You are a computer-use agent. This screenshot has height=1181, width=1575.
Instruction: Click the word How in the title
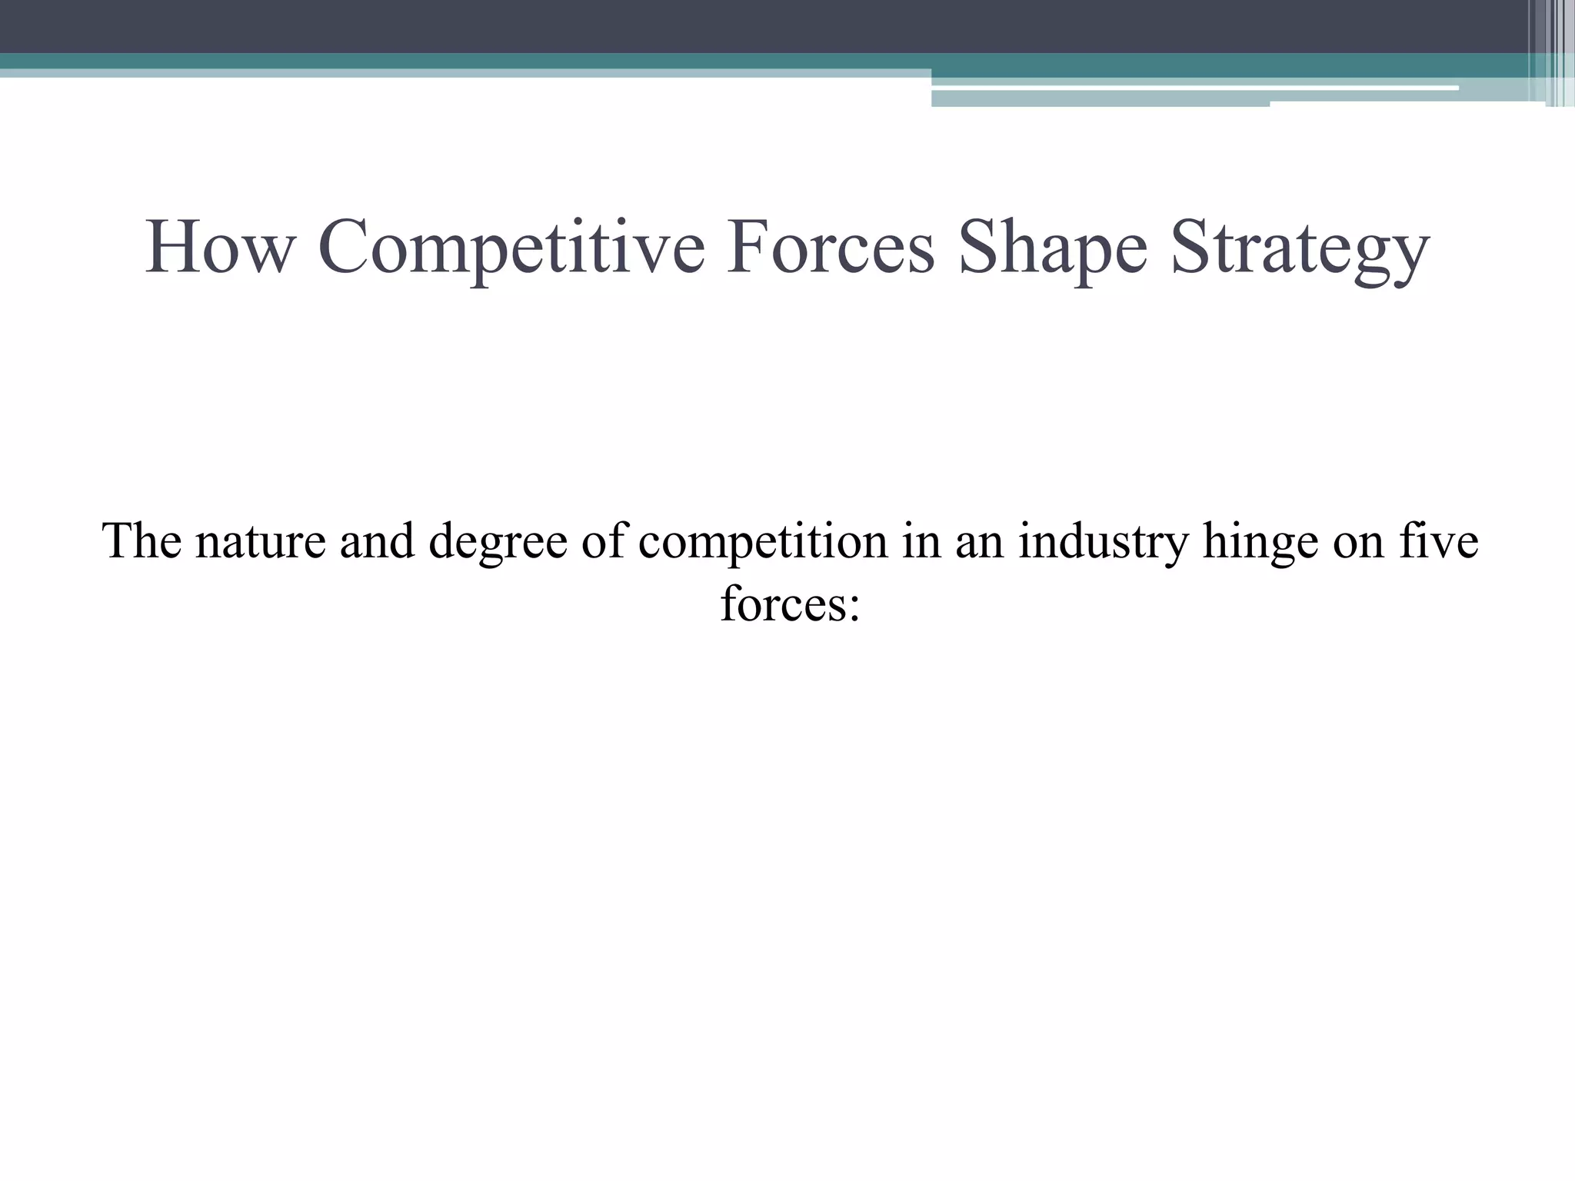coord(220,248)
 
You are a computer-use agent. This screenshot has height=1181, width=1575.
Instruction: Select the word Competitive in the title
coord(511,248)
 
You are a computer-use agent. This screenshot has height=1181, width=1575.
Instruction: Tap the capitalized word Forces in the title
coord(831,248)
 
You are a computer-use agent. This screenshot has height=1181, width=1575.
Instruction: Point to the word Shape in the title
coord(1053,248)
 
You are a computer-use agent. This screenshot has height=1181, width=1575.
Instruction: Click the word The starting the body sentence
coord(142,541)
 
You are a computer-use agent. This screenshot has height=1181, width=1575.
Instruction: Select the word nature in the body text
coord(261,541)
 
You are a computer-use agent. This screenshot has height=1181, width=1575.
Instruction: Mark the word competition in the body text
coord(764,541)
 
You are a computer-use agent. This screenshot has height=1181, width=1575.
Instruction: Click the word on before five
coord(1358,541)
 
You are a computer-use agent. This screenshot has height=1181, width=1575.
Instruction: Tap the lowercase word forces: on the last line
coord(790,604)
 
